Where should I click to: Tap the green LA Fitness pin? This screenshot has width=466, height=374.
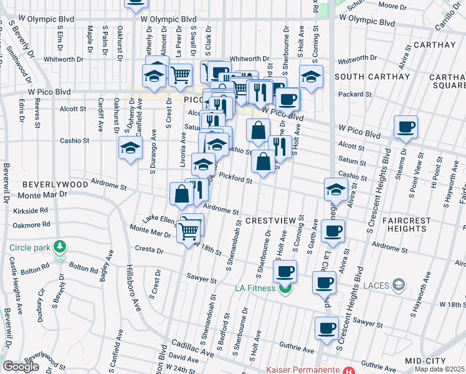pyautogui.click(x=286, y=288)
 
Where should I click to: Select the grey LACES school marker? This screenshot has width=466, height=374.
pyautogui.click(x=399, y=285)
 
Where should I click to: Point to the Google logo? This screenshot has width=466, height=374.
pyautogui.click(x=21, y=367)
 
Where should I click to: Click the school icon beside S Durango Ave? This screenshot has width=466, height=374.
pyautogui.click(x=131, y=148)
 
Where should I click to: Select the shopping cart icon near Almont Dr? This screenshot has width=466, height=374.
pyautogui.click(x=180, y=75)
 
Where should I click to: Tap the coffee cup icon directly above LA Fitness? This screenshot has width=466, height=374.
pyautogui.click(x=285, y=271)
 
